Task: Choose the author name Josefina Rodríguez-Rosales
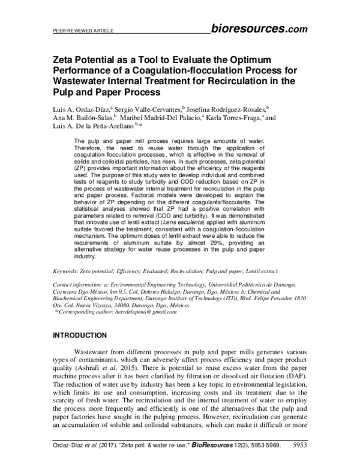[x=228, y=110]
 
